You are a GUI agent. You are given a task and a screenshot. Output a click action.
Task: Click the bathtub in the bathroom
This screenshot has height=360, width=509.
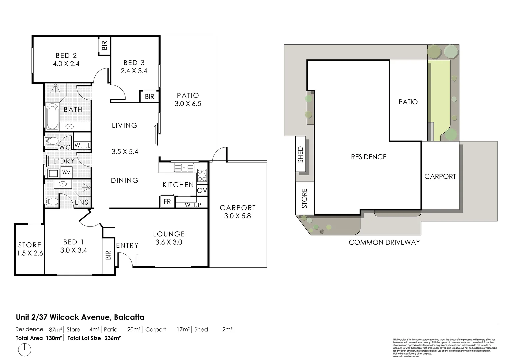coord(52,117)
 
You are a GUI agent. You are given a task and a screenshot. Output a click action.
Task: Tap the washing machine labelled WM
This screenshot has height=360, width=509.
coord(66,172)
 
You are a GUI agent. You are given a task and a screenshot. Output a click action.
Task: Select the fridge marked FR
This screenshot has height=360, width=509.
coord(167,201)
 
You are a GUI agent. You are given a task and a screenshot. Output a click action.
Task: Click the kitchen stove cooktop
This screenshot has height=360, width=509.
coord(202,175)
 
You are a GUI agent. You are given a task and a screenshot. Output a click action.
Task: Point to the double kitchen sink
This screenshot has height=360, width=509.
coord(184,167)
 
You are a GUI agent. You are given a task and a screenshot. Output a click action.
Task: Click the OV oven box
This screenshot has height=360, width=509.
coord(202,190)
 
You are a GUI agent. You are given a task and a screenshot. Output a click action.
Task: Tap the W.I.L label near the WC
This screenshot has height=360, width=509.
coord(82,145)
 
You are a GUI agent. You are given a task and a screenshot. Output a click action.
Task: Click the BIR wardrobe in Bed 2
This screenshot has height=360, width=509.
coord(104,45)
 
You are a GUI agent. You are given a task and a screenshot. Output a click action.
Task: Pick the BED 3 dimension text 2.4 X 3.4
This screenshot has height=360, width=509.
coord(134,71)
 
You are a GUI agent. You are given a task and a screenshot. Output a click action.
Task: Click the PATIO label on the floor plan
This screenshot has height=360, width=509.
coord(188,96)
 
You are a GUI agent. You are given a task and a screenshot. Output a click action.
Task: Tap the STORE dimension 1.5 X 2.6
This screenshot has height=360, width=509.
coord(30,253)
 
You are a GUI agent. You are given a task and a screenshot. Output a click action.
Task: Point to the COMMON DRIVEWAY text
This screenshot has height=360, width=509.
coord(384,242)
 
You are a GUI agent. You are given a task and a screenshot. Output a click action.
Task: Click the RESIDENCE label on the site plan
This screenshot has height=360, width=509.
coord(368,157)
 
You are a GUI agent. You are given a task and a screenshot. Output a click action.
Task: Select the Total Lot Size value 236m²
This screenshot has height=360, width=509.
coord(113,338)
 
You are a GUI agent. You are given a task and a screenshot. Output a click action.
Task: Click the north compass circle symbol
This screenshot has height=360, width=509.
coord(24,350)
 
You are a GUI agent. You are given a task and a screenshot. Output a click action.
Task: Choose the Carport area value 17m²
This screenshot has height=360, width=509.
coord(183,330)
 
